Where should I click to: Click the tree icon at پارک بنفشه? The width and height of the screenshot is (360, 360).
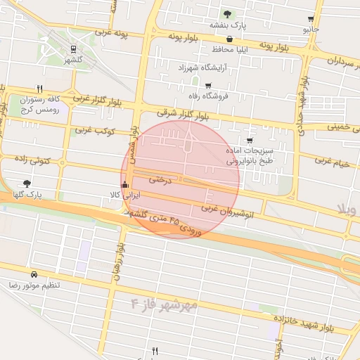click(x=226, y=14)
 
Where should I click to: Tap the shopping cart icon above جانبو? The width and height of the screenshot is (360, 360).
click(x=311, y=19)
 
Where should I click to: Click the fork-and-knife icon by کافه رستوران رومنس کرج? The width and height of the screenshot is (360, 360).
click(x=40, y=89)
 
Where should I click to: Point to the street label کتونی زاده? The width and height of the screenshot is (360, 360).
click(x=32, y=161)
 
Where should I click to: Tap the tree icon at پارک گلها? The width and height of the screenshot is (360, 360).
click(x=27, y=183)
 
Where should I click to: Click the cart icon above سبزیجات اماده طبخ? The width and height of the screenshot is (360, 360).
click(x=250, y=141)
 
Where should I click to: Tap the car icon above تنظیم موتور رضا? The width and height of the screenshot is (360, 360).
click(x=34, y=274)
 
